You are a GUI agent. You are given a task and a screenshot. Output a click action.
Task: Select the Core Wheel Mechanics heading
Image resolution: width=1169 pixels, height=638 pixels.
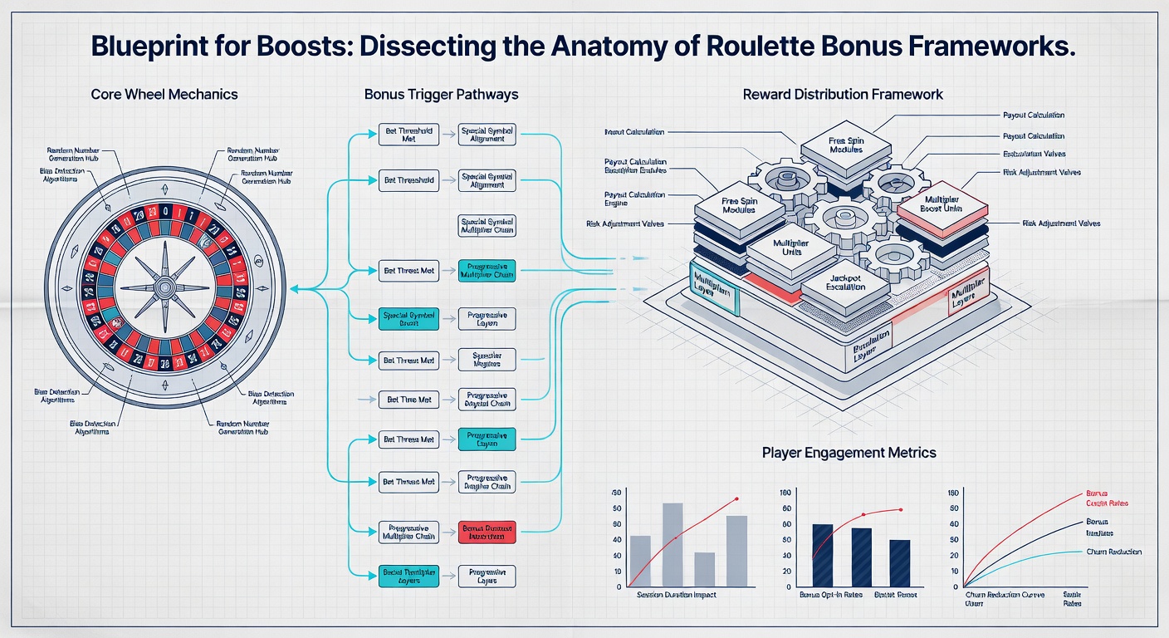click(x=164, y=94)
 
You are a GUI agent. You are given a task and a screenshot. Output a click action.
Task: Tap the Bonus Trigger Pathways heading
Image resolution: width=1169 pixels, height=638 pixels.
click(x=441, y=94)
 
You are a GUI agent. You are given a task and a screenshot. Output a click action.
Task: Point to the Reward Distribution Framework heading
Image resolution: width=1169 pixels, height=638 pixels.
click(x=843, y=94)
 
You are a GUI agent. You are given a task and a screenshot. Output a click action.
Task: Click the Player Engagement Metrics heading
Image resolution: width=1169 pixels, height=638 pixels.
click(x=849, y=453)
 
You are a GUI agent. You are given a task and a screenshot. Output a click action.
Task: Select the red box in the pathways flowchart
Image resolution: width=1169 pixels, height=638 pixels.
click(x=487, y=532)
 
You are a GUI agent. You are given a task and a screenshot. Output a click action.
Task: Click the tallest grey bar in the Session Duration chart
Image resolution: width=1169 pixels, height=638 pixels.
click(x=673, y=544)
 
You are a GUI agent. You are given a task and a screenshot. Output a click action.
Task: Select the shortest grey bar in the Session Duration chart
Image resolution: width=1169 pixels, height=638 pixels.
click(x=705, y=569)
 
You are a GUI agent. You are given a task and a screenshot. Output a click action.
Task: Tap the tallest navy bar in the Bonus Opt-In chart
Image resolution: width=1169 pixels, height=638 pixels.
click(x=799, y=555)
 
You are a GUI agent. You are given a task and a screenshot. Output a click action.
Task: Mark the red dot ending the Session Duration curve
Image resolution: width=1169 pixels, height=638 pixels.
click(x=736, y=498)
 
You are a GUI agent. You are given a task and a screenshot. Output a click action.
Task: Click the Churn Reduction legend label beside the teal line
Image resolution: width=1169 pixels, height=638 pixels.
click(x=1113, y=552)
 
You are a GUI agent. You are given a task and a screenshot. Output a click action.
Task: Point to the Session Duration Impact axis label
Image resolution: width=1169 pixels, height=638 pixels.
click(x=676, y=596)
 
